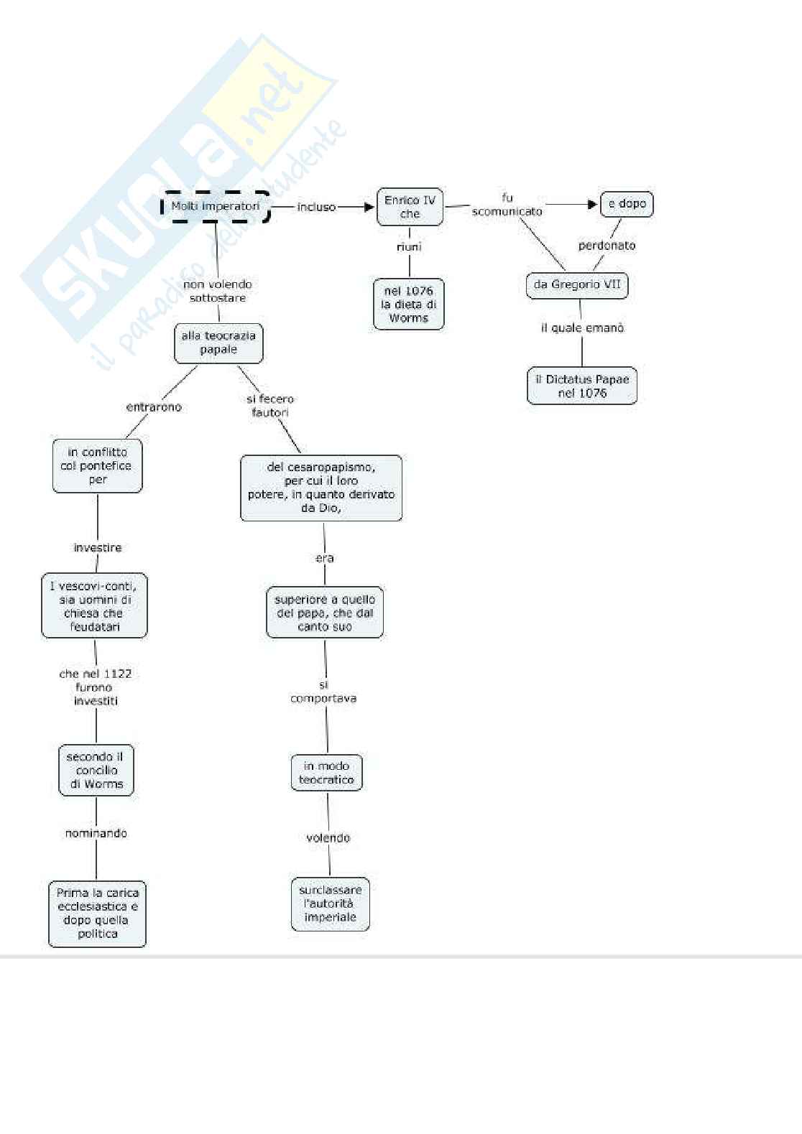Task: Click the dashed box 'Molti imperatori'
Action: [x=216, y=207]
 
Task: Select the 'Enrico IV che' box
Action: [x=410, y=207]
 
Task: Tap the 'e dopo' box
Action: [x=627, y=204]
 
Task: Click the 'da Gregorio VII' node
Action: [x=576, y=284]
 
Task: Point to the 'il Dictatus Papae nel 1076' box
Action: [x=582, y=386]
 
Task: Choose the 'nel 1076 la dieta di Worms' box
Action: [x=408, y=304]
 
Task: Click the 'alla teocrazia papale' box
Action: [x=218, y=343]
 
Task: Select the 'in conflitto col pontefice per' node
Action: [x=98, y=465]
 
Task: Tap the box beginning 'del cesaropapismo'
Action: [x=321, y=488]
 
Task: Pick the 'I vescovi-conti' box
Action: [x=94, y=605]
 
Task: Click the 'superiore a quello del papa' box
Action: [x=325, y=613]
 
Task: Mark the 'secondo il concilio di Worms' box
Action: [x=96, y=770]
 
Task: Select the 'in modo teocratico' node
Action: [x=326, y=773]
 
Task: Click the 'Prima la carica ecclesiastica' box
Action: [x=97, y=914]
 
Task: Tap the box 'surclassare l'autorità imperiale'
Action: [x=330, y=903]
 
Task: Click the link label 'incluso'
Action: [x=316, y=207]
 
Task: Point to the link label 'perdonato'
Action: [x=607, y=246]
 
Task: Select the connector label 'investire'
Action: [x=98, y=548]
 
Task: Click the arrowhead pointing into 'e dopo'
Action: [x=593, y=204]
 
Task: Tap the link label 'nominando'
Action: [x=96, y=833]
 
